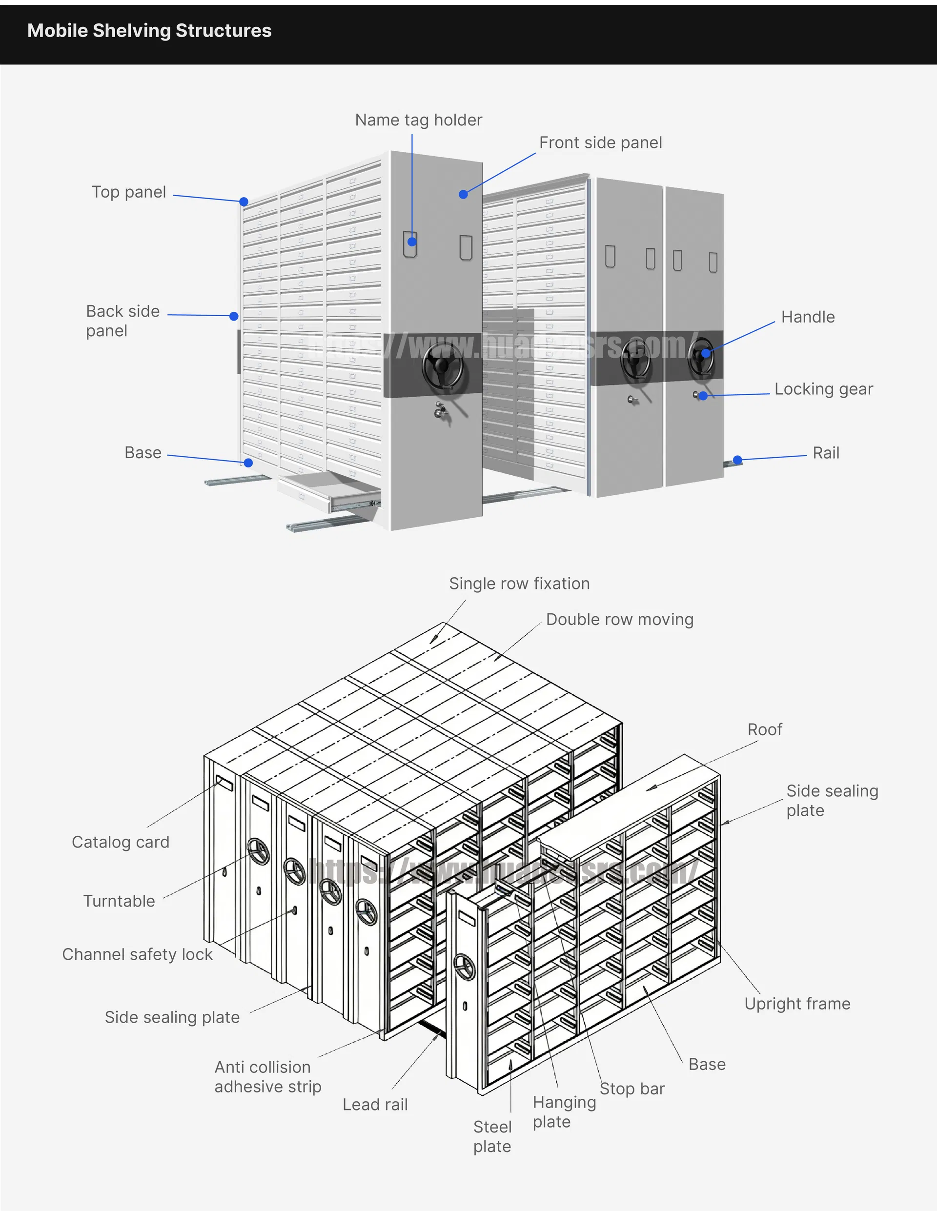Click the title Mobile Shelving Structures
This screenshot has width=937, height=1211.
(149, 31)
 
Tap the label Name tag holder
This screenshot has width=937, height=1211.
(418, 120)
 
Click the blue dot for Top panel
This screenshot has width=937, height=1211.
(244, 202)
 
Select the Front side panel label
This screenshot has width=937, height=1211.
(600, 142)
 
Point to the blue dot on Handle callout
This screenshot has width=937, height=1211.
(706, 353)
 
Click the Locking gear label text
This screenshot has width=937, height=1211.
(823, 389)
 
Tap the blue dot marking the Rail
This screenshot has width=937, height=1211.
(737, 460)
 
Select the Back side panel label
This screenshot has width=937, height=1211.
(122, 321)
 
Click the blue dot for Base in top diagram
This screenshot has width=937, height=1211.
(248, 463)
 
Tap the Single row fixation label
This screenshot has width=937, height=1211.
(519, 584)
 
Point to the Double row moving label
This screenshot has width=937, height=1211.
(619, 619)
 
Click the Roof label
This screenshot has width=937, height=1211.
(764, 729)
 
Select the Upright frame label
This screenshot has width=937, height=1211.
(796, 1003)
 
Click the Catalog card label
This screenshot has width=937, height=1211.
(121, 842)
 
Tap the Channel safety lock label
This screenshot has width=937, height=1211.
(137, 954)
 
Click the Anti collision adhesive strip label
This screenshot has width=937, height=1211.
(267, 1076)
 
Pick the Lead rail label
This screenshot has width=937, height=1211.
(374, 1104)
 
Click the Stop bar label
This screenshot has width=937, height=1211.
(631, 1089)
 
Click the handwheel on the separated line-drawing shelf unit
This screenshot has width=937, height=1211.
(464, 968)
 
